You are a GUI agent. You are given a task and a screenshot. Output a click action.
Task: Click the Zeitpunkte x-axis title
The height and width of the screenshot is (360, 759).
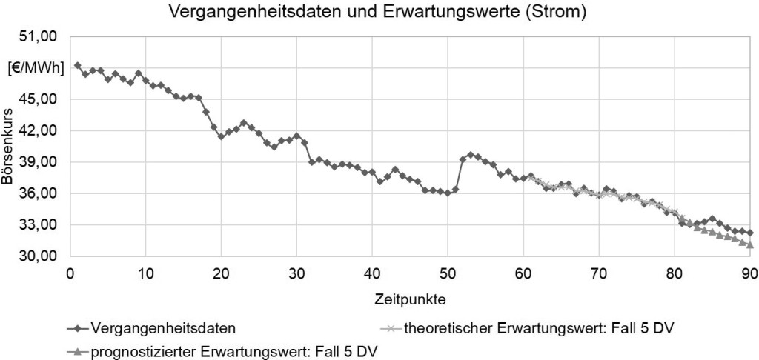click(409, 300)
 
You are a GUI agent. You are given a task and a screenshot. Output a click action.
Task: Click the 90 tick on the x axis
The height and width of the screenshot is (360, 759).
click(749, 271)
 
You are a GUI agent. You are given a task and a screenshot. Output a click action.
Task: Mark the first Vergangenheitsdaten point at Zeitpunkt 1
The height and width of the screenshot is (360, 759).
click(78, 66)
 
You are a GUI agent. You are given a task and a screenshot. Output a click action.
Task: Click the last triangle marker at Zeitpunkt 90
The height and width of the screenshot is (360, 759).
click(750, 244)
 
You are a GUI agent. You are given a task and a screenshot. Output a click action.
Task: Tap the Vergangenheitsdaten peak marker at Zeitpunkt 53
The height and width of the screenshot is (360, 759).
click(471, 155)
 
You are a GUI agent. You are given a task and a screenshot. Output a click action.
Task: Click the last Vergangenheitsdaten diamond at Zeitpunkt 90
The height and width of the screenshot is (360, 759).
click(750, 233)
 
